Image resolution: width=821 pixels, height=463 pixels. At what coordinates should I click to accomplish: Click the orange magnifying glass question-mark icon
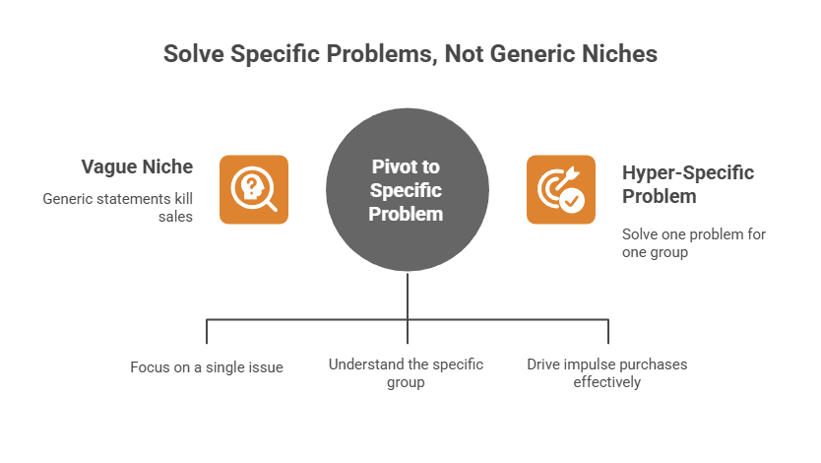coord(254,189)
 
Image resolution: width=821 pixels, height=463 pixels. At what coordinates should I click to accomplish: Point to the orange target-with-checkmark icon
coord(560,189)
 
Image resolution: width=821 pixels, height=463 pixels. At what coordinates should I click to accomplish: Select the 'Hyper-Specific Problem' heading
coord(687,184)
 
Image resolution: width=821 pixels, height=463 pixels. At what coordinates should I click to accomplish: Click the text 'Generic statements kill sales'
coord(117,207)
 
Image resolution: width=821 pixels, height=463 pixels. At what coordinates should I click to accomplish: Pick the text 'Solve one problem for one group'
coord(693,243)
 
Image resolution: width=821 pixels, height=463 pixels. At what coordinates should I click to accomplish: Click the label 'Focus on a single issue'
coord(207,367)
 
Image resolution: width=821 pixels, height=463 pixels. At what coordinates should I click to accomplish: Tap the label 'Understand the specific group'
coord(406,373)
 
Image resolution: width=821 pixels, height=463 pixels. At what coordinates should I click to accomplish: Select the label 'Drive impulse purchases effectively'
coord(606,373)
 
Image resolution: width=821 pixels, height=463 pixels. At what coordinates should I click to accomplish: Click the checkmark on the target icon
coord(571,200)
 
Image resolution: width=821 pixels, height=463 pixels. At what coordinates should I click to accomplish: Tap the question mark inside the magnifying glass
coord(251,184)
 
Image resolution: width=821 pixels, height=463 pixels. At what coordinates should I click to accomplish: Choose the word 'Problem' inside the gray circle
coord(406,212)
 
